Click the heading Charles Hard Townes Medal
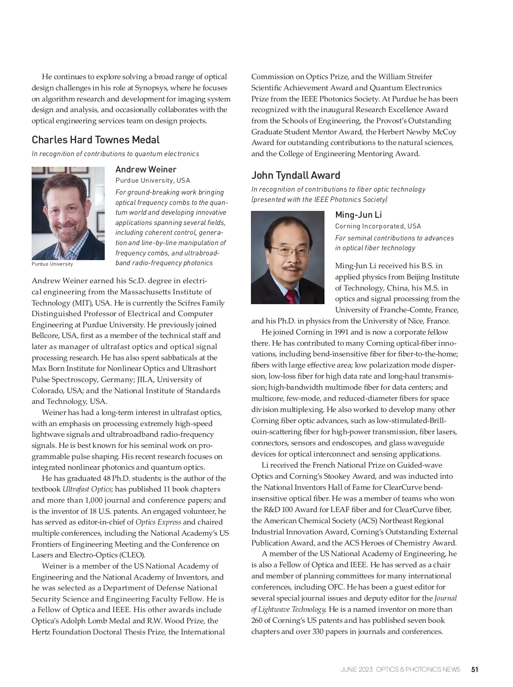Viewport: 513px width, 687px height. click(x=96, y=140)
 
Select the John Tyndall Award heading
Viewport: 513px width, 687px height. click(x=296, y=175)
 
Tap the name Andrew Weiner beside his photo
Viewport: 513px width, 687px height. click(x=146, y=169)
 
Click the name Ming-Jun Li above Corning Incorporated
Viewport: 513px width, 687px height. click(x=358, y=215)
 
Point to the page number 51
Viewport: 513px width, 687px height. click(x=475, y=669)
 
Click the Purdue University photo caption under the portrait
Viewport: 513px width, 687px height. click(x=52, y=264)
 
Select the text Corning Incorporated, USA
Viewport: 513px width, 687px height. click(x=378, y=226)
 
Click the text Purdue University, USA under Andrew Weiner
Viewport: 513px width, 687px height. click(x=153, y=181)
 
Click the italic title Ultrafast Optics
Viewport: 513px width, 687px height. click(x=87, y=489)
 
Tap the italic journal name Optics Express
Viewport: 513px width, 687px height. click(x=158, y=522)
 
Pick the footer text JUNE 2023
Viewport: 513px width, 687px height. click(x=357, y=669)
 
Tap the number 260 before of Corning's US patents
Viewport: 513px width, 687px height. click(x=258, y=620)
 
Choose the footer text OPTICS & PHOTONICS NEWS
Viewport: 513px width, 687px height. click(x=418, y=669)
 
